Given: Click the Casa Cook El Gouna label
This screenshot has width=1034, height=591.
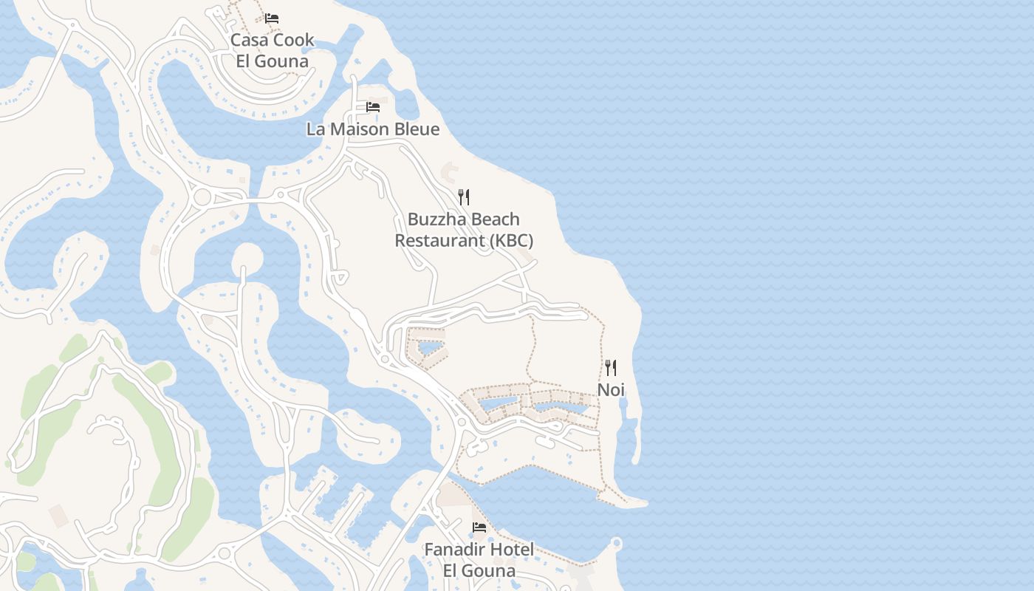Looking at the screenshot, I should (x=272, y=50).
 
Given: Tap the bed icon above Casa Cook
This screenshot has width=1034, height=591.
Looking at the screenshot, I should (x=272, y=18).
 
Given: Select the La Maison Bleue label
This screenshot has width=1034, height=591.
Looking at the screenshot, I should (x=372, y=129).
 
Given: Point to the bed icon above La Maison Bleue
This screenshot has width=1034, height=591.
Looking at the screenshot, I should (x=373, y=107).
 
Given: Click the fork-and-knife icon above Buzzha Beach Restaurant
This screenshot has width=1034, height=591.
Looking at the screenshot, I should (x=464, y=197).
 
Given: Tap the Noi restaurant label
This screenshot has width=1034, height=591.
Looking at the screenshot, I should (x=611, y=389).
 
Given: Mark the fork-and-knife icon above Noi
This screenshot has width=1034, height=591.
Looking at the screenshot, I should (x=611, y=367).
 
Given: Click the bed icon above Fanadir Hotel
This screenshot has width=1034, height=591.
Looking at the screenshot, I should (x=479, y=527).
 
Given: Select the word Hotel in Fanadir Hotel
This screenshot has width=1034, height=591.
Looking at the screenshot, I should (x=510, y=550).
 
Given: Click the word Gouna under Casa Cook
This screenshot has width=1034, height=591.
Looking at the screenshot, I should (x=283, y=61).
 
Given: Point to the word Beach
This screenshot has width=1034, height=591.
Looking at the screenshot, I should (x=494, y=219).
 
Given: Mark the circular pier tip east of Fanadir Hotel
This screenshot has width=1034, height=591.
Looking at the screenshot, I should (x=617, y=544).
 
